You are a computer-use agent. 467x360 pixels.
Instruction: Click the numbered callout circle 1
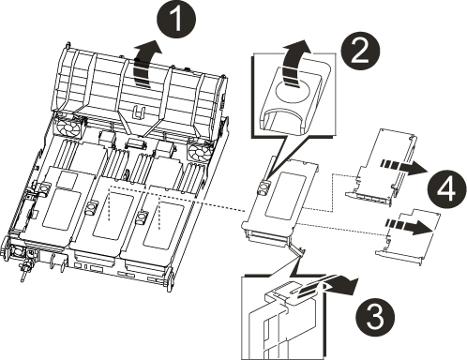coord(177,20)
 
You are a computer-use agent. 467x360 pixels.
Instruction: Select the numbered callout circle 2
coord(360,52)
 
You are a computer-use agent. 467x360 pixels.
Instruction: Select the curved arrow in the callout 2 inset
coord(295,63)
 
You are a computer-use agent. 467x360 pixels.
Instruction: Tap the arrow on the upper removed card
coord(403,166)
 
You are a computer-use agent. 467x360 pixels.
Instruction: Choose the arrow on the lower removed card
coord(410,226)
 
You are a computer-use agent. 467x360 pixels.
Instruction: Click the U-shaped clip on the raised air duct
coord(138,112)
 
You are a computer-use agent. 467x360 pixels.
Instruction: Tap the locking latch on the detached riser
coord(264,187)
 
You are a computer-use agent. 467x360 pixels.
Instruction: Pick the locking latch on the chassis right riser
coord(142,217)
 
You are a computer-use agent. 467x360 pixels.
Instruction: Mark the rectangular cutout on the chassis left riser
coord(61,208)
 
